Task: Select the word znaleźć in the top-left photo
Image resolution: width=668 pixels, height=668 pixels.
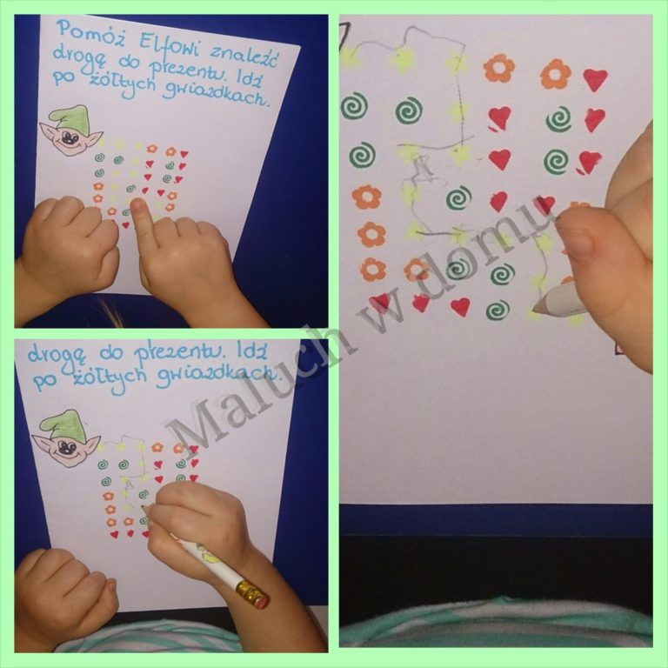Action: coord(244,57)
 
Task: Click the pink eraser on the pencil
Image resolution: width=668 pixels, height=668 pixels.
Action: coord(259,601)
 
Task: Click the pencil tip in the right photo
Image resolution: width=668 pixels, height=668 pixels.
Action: coord(535,309)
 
